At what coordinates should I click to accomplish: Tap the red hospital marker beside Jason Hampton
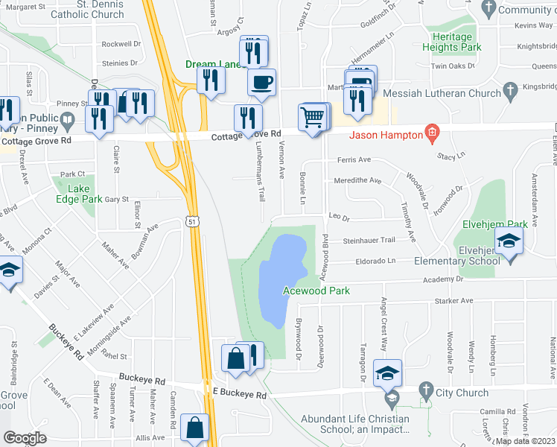tap(431, 134)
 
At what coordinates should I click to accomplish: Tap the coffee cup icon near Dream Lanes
tap(261, 83)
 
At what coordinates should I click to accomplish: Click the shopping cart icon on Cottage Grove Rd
tap(312, 116)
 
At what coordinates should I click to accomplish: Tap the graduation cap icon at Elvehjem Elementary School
tap(509, 241)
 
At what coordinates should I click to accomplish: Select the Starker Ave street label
tap(453, 301)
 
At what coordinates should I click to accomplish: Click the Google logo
tap(25, 438)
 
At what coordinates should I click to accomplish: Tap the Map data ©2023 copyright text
tap(524, 441)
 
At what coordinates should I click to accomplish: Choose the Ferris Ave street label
tap(354, 159)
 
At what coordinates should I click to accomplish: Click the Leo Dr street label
tap(339, 218)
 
